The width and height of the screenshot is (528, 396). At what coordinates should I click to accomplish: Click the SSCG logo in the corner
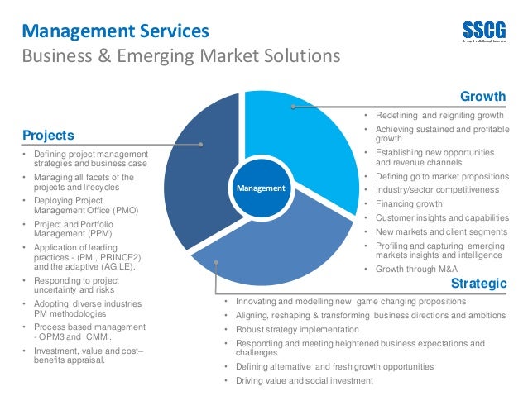[x=483, y=31]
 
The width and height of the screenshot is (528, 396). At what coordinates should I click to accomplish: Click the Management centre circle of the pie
[x=261, y=188]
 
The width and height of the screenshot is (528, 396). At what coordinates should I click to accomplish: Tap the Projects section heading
[x=48, y=135]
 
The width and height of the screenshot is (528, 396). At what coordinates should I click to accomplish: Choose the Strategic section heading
[x=478, y=284]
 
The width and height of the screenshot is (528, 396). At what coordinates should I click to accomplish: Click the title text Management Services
[x=115, y=32]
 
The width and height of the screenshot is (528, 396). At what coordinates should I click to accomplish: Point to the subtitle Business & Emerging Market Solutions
[x=180, y=56]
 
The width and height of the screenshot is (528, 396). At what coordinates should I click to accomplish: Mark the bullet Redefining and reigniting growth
[x=439, y=116]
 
